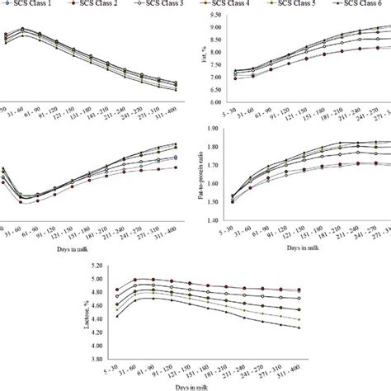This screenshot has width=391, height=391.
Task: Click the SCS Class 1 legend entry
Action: click(33, 5)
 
